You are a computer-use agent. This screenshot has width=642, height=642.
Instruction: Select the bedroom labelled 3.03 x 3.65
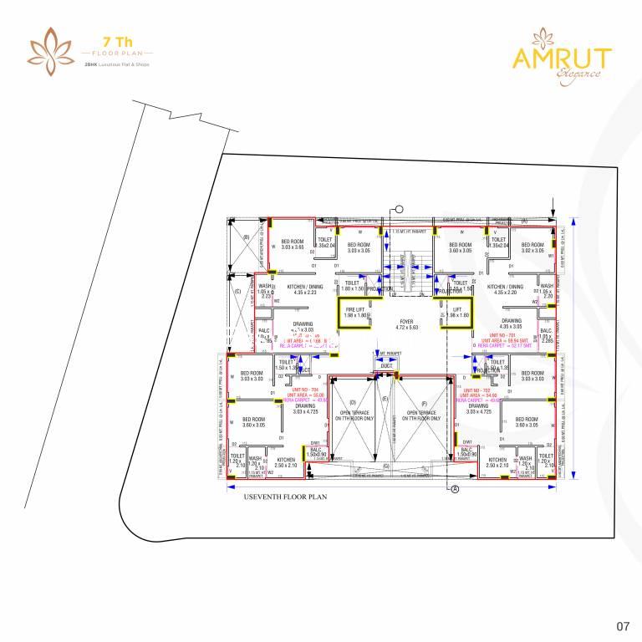pyautogui.click(x=293, y=245)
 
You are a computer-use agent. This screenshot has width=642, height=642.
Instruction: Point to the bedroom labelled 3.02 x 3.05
pyautogui.click(x=532, y=247)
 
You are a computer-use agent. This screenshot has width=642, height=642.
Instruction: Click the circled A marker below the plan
pyautogui.click(x=456, y=490)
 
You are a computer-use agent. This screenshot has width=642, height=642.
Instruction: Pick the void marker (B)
pyautogui.click(x=247, y=237)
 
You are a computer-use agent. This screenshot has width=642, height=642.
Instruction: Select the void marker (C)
pyautogui.click(x=237, y=291)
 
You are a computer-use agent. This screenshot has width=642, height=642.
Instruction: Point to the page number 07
pyautogui.click(x=622, y=625)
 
